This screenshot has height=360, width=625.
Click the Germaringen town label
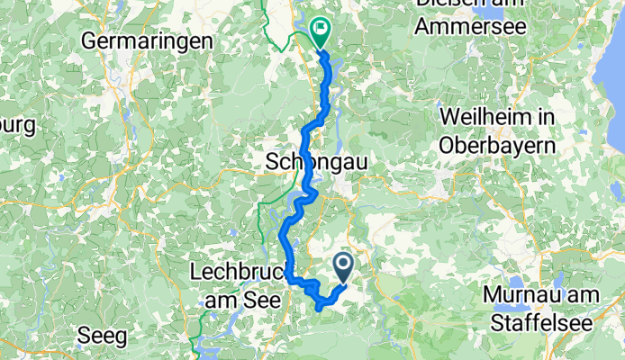[147, 40]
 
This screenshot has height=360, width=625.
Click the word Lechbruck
[237, 270]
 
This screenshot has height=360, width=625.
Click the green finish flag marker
[320, 31]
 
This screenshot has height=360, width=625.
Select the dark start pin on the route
[344, 265]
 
